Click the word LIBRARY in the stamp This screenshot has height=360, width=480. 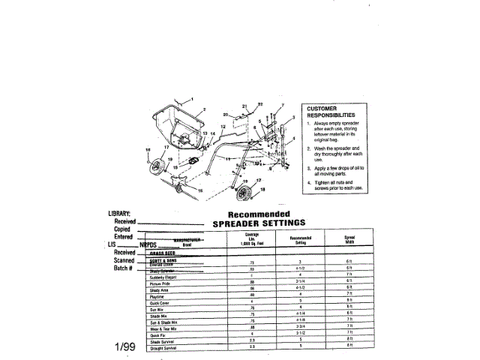[x=119, y=214]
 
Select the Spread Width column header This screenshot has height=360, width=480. [x=349, y=240]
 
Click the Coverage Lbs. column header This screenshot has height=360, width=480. [x=252, y=240]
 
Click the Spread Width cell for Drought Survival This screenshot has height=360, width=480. [x=349, y=346]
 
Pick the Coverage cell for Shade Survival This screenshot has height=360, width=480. [x=252, y=340]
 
